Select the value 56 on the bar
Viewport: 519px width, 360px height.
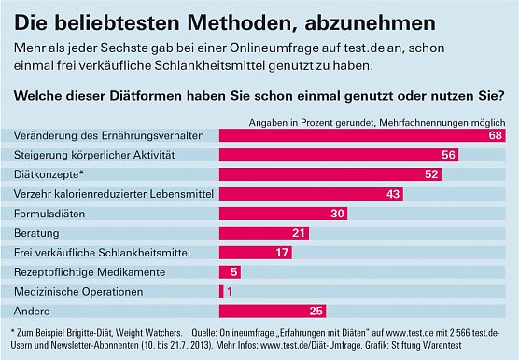449,155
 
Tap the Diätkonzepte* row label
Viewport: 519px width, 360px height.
49,174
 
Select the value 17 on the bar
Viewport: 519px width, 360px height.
283,253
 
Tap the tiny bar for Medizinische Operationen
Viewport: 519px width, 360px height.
221,292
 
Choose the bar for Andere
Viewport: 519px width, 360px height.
272,311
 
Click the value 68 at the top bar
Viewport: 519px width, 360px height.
496,136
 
